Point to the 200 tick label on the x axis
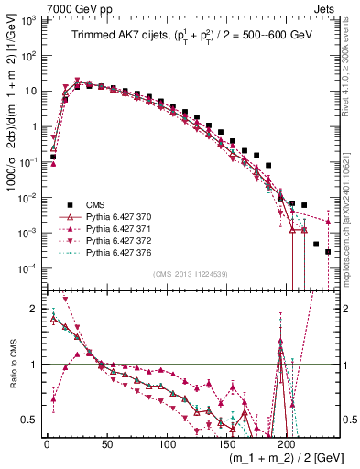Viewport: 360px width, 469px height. coord(287,444)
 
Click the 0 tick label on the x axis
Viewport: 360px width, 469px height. coord(47,444)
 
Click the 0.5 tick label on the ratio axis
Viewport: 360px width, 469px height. coord(28,420)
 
